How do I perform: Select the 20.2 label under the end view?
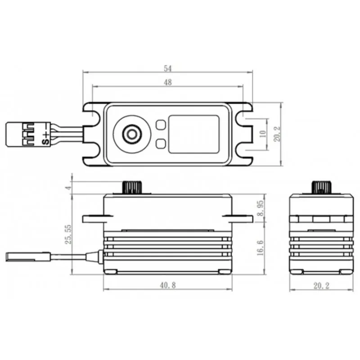319,285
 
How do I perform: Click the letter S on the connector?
45,140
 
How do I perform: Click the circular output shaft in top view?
132,133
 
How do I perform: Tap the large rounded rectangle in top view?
194,134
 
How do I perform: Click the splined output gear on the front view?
132,187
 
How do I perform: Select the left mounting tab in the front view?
93,218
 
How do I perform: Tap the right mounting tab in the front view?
241,218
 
